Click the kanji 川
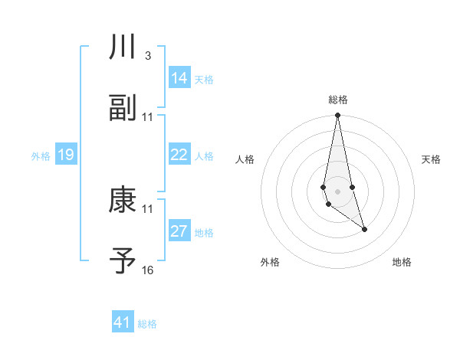coord(123,47)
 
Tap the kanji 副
coord(123,108)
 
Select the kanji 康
coord(123,200)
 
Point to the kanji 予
coord(123,261)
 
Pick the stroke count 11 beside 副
coord(148,117)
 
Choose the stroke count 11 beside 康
coord(148,209)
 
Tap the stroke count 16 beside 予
coord(148,270)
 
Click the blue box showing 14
coord(179,78)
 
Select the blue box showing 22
coord(179,155)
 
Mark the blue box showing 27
coord(179,231)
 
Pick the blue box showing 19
coord(66,155)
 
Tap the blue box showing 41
coord(123,322)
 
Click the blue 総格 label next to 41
coord(147,324)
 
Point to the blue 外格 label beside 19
coord(41,156)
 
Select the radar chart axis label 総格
coord(338,100)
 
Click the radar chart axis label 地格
coord(402,263)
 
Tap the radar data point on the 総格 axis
coord(338,116)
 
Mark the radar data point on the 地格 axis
coord(364,229)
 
